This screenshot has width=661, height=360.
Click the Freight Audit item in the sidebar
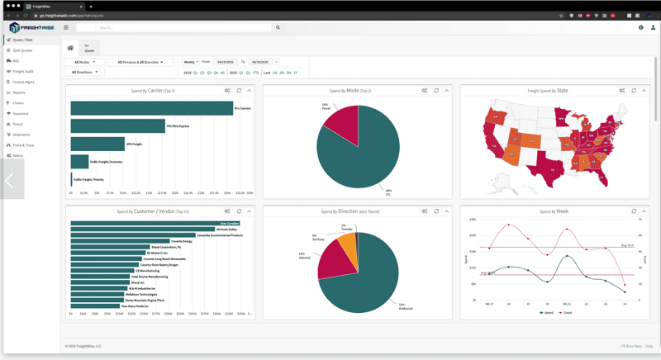(22, 71)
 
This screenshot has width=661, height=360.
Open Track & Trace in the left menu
(23, 144)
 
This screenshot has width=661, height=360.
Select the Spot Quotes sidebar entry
(22, 50)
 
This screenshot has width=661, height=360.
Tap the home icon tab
(70, 48)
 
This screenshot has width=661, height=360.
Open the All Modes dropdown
(84, 62)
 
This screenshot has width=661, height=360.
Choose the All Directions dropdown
(84, 73)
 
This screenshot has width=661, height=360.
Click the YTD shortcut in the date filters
(257, 73)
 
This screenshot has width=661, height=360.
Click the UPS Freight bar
(97, 144)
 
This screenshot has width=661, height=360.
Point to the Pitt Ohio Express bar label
(178, 126)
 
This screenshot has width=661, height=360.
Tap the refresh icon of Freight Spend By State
(634, 91)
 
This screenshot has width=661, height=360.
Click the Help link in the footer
(649, 346)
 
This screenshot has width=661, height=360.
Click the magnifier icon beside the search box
(278, 27)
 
